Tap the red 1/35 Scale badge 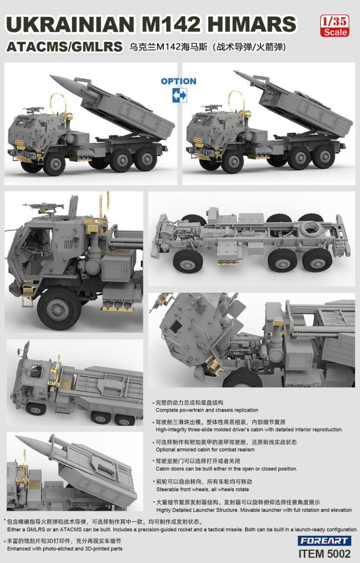pos(334,26)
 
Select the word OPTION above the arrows pos(178,81)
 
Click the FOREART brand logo pos(325,541)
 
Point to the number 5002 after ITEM pos(338,554)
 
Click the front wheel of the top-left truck pos(54,162)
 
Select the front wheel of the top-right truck pos(233,162)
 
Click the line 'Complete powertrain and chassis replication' pos(207,410)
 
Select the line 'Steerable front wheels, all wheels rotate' pos(202,489)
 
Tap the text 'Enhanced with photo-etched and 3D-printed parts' pos(64,549)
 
